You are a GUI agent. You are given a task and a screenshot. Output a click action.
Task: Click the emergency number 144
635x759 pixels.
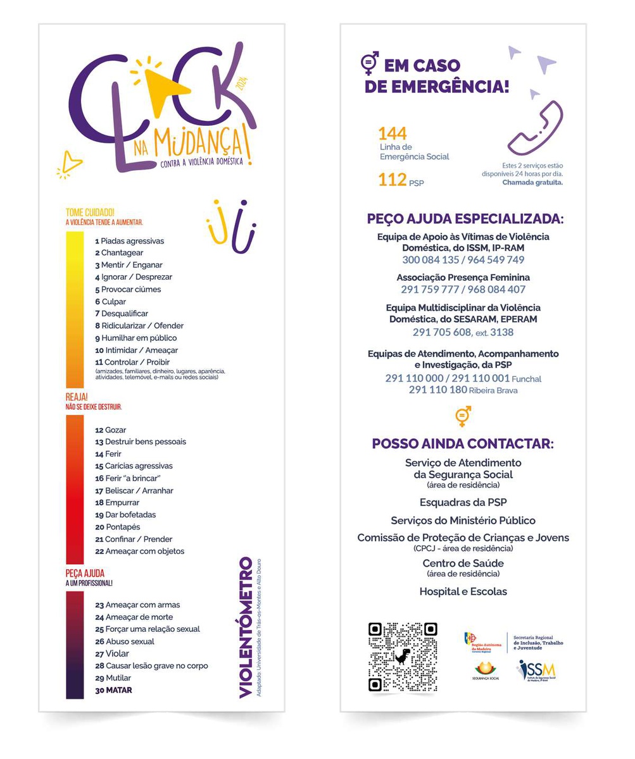coord(392,133)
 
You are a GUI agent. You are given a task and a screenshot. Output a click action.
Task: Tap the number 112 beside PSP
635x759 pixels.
coord(392,180)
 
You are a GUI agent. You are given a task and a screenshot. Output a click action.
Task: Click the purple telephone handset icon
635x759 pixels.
coord(535,128)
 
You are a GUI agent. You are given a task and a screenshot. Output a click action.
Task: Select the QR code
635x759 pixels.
coord(403,657)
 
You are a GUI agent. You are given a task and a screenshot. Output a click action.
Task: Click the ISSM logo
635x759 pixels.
coord(537,670)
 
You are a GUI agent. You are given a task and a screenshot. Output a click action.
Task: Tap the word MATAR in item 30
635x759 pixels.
coord(119,690)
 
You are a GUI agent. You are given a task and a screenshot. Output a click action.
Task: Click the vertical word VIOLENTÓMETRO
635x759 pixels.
coord(246,627)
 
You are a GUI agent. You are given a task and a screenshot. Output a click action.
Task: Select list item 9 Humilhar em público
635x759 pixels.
coord(136,338)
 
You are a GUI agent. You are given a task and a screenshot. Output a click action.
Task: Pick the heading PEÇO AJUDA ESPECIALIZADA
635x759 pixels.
coord(465,219)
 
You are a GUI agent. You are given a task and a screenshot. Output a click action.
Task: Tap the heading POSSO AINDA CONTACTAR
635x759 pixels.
coord(463,443)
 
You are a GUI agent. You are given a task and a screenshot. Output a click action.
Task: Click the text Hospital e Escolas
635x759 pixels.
coord(463,592)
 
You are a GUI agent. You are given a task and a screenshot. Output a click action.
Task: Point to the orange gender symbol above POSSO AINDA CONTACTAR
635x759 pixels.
coord(463,416)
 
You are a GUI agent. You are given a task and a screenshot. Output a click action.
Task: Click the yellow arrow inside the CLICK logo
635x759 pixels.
coord(163,87)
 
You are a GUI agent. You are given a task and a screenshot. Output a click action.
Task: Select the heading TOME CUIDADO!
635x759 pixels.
coord(90,213)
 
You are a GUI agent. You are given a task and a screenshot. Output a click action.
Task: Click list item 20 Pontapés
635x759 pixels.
coord(118,527)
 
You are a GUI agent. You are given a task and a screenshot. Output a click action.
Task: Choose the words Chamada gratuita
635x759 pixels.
coord(532,182)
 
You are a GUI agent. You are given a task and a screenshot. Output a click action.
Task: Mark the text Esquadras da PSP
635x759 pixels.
coord(463,503)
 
